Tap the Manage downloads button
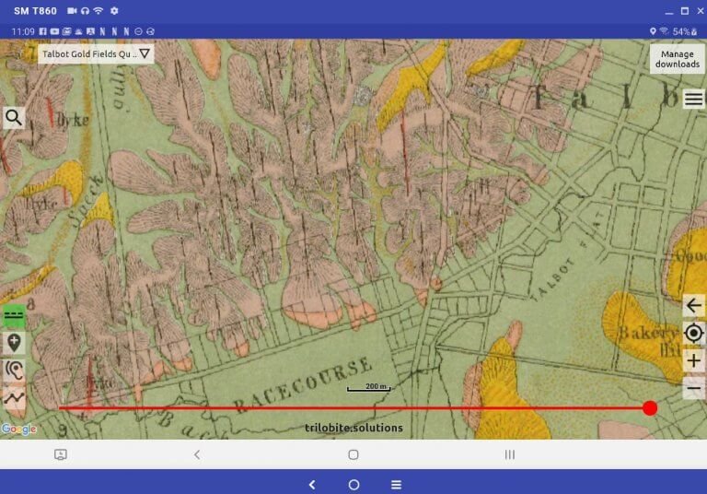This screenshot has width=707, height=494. coord(677,59)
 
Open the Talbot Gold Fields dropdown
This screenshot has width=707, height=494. coord(97,53)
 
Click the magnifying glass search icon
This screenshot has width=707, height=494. coord(14,117)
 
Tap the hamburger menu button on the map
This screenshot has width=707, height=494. coord(693,99)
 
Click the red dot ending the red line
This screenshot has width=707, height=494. coord(650,407)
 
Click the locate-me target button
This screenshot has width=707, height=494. coord(694,333)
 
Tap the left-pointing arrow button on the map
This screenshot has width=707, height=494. coord(694,306)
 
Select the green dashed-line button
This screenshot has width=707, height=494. coord(14,314)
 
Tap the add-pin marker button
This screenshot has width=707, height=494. coord(14,343)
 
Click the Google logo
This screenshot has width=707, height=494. coord(18,429)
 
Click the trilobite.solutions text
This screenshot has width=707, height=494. coord(353,428)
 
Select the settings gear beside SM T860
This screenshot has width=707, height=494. coord(114,11)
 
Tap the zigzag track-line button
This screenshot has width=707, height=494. coord(14,397)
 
